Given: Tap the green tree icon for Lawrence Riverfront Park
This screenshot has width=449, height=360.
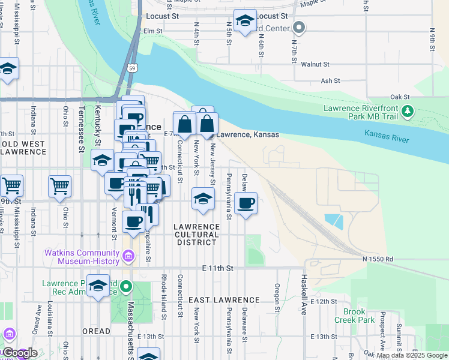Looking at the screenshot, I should point(408,111).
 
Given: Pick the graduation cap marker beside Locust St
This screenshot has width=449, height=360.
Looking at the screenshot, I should point(245,22).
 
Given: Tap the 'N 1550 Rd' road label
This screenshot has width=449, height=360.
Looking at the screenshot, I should point(378,259).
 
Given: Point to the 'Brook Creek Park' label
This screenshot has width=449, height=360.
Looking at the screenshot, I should point(358,316).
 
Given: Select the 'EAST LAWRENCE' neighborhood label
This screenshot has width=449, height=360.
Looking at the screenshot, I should point(224,299).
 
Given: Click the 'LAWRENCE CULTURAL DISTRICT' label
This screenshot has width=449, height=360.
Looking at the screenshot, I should point(197,235).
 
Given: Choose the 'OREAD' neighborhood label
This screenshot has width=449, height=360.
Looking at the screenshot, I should point(96,331).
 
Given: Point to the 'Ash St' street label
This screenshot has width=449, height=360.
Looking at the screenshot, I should point(330,80).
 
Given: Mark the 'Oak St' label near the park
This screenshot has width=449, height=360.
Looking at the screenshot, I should point(399,97).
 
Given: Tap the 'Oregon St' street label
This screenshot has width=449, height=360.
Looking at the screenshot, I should point(277,298).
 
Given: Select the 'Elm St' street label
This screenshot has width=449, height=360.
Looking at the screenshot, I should point(153,31).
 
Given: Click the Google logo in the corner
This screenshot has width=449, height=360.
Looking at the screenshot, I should point(20,353).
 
